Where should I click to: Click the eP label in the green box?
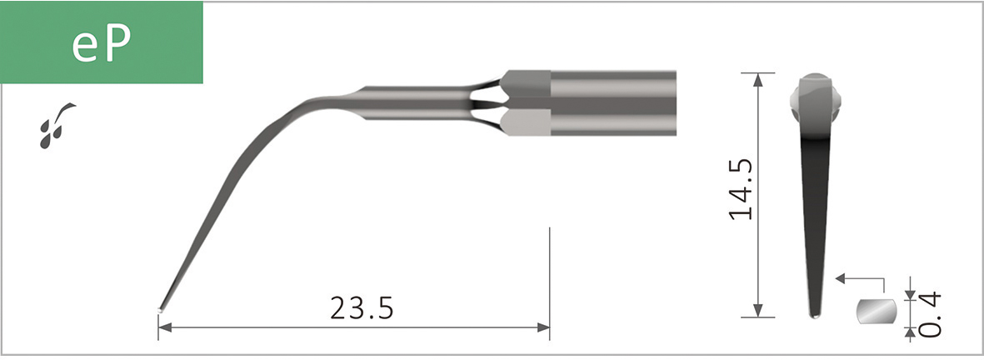(101, 44)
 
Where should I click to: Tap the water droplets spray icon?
(57, 126)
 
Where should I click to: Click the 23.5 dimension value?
(362, 308)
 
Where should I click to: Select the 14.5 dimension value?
(742, 189)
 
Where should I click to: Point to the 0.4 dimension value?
(930, 313)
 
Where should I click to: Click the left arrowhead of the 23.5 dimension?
(164, 327)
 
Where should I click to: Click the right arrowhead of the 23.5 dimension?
(543, 327)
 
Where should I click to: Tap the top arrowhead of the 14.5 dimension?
(758, 80)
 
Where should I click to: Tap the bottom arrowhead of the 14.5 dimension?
(758, 311)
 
